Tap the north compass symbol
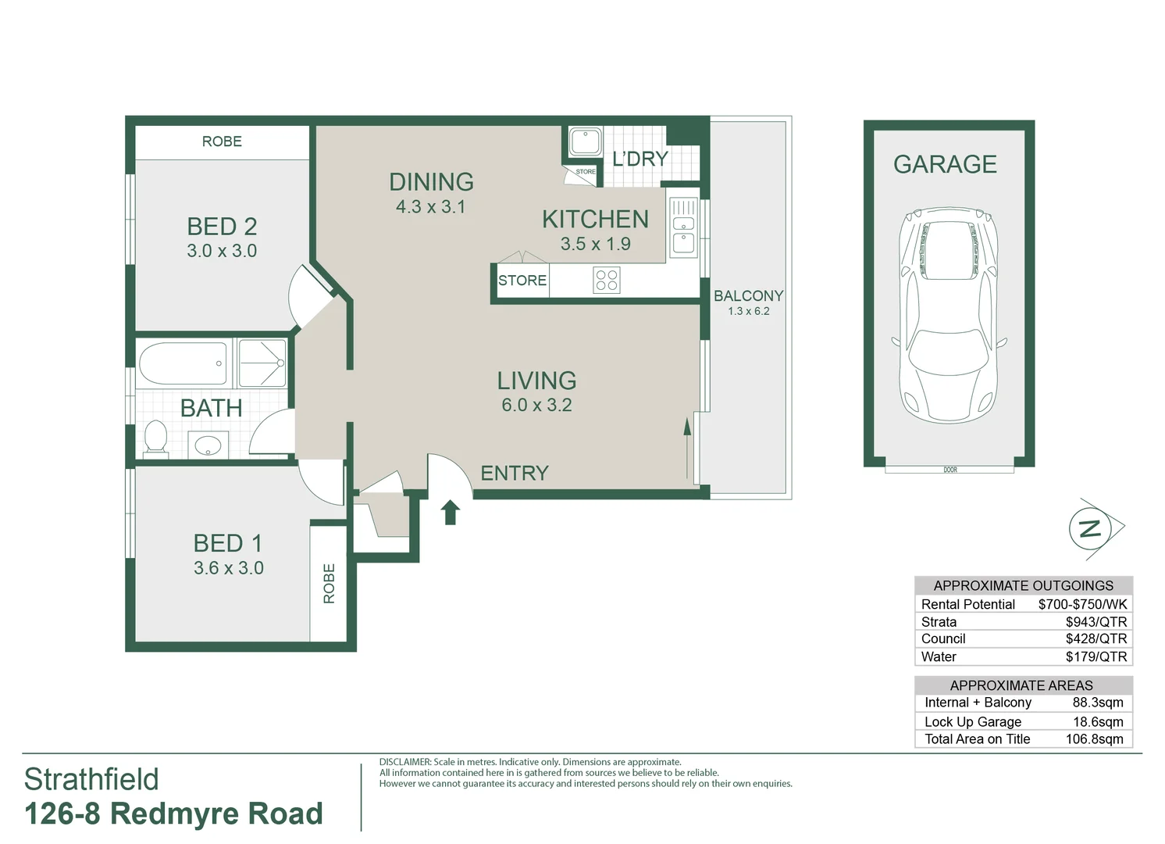click(x=1091, y=529)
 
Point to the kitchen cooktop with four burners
click(x=607, y=280)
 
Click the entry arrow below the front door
click(x=451, y=513)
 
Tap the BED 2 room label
click(x=222, y=227)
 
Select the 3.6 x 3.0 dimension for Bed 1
click(x=228, y=568)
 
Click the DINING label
click(x=431, y=182)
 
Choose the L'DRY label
click(x=640, y=159)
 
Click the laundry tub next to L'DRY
click(x=584, y=142)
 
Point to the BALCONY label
click(x=748, y=296)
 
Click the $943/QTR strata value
click(x=1096, y=622)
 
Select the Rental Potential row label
click(x=967, y=604)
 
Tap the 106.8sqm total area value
click(x=1094, y=739)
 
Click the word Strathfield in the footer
click(x=91, y=779)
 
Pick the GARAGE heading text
click(x=945, y=164)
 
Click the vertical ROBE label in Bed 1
click(x=329, y=583)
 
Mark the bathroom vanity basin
click(x=208, y=446)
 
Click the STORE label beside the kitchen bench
click(x=522, y=281)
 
